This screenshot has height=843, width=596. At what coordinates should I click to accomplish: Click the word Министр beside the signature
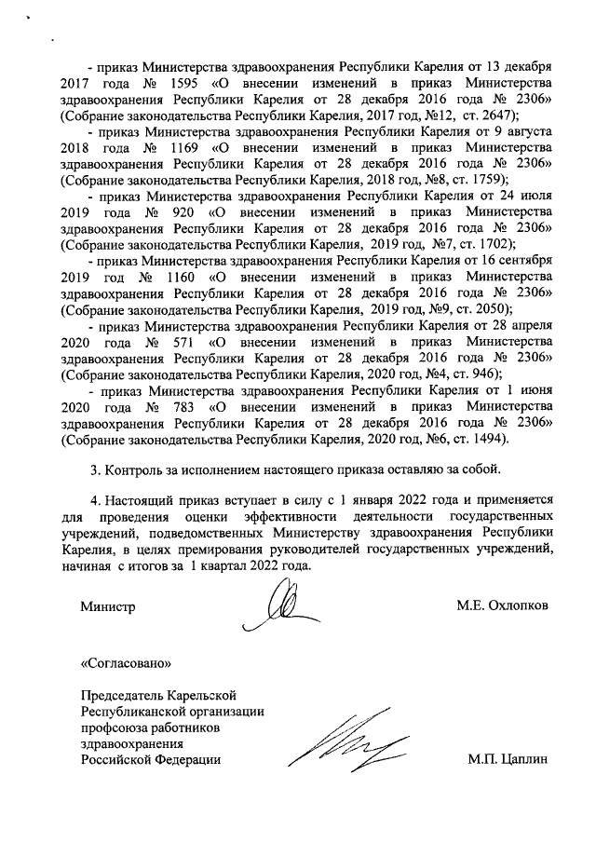(x=108, y=605)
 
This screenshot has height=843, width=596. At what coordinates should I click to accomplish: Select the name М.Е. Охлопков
(x=502, y=605)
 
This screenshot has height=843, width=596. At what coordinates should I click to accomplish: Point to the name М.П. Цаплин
(x=507, y=760)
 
